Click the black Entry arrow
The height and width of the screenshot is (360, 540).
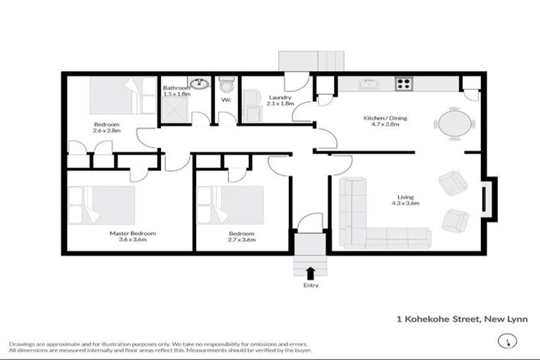pos(311,272)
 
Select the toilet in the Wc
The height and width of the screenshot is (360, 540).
pos(226,86)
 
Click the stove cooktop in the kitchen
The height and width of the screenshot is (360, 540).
pos(404,84)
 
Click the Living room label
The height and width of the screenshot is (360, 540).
pos(405,197)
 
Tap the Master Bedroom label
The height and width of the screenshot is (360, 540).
pos(132,233)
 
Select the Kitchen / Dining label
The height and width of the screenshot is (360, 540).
pos(385,118)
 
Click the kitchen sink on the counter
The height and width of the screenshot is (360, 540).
pos(369,84)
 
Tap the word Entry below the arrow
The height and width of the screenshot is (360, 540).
pos(311,285)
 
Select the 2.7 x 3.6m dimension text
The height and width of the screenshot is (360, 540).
pos(243,240)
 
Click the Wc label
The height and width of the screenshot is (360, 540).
pos(226,100)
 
